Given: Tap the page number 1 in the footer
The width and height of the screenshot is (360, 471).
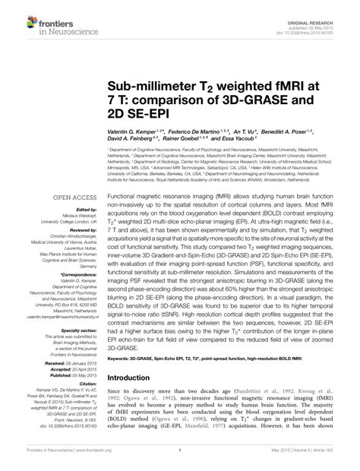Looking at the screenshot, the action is point(179,460).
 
